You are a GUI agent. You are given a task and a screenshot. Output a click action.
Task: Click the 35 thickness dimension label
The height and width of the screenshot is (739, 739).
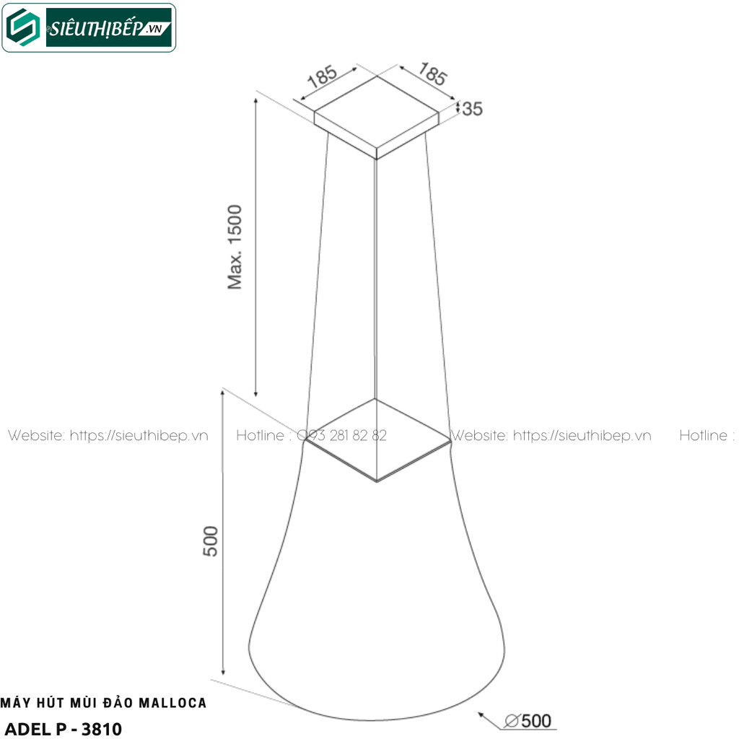pos(472,109)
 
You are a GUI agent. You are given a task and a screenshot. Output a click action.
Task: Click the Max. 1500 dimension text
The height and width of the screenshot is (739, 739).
pos(236,247)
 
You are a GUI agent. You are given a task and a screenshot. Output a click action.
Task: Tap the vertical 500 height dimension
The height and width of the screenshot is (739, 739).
pos(210,541)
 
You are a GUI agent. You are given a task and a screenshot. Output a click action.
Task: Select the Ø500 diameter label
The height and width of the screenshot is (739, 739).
pos(530,720)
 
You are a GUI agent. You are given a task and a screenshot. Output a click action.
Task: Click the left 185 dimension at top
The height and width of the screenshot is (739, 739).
pos(323,77)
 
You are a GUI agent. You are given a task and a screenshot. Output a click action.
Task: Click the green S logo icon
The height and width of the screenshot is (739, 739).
pos(24,28)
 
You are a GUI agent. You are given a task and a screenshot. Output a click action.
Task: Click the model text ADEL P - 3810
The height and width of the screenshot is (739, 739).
pos(64,727)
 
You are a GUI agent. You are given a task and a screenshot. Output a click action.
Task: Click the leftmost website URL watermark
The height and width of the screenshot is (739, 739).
pos(108,436)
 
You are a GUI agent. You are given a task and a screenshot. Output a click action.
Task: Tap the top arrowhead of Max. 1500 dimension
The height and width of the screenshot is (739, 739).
pos(255,98)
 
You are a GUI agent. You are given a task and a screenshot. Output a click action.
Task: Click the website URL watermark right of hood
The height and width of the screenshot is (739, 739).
pos(551,436)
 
